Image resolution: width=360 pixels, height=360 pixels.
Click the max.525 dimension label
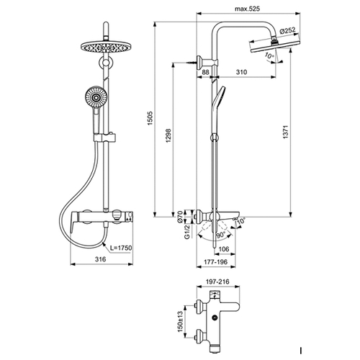[x=247, y=9]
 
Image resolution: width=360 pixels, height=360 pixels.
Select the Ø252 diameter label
[x=288, y=31]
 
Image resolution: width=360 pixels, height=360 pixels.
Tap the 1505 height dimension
[x=150, y=118]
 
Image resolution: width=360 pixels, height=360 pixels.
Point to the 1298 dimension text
[x=168, y=136]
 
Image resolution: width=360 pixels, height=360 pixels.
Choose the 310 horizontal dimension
[x=241, y=72]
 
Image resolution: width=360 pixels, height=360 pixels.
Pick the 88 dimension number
[x=205, y=72]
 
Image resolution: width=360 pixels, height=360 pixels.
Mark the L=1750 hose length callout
[x=121, y=248]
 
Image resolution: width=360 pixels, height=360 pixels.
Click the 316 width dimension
[x=100, y=259]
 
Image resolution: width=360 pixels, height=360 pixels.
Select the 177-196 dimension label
[x=215, y=261]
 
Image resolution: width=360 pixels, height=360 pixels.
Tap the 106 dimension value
[x=224, y=249]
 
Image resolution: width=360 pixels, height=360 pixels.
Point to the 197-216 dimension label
[x=217, y=282]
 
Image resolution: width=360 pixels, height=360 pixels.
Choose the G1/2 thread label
[x=187, y=232]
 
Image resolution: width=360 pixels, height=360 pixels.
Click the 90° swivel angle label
[x=221, y=235]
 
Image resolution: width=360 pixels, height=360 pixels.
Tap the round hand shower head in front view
[x=96, y=97]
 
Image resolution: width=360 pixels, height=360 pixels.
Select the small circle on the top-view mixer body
[x=215, y=318]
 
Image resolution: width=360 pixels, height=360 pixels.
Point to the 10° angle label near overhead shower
[x=269, y=55]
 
